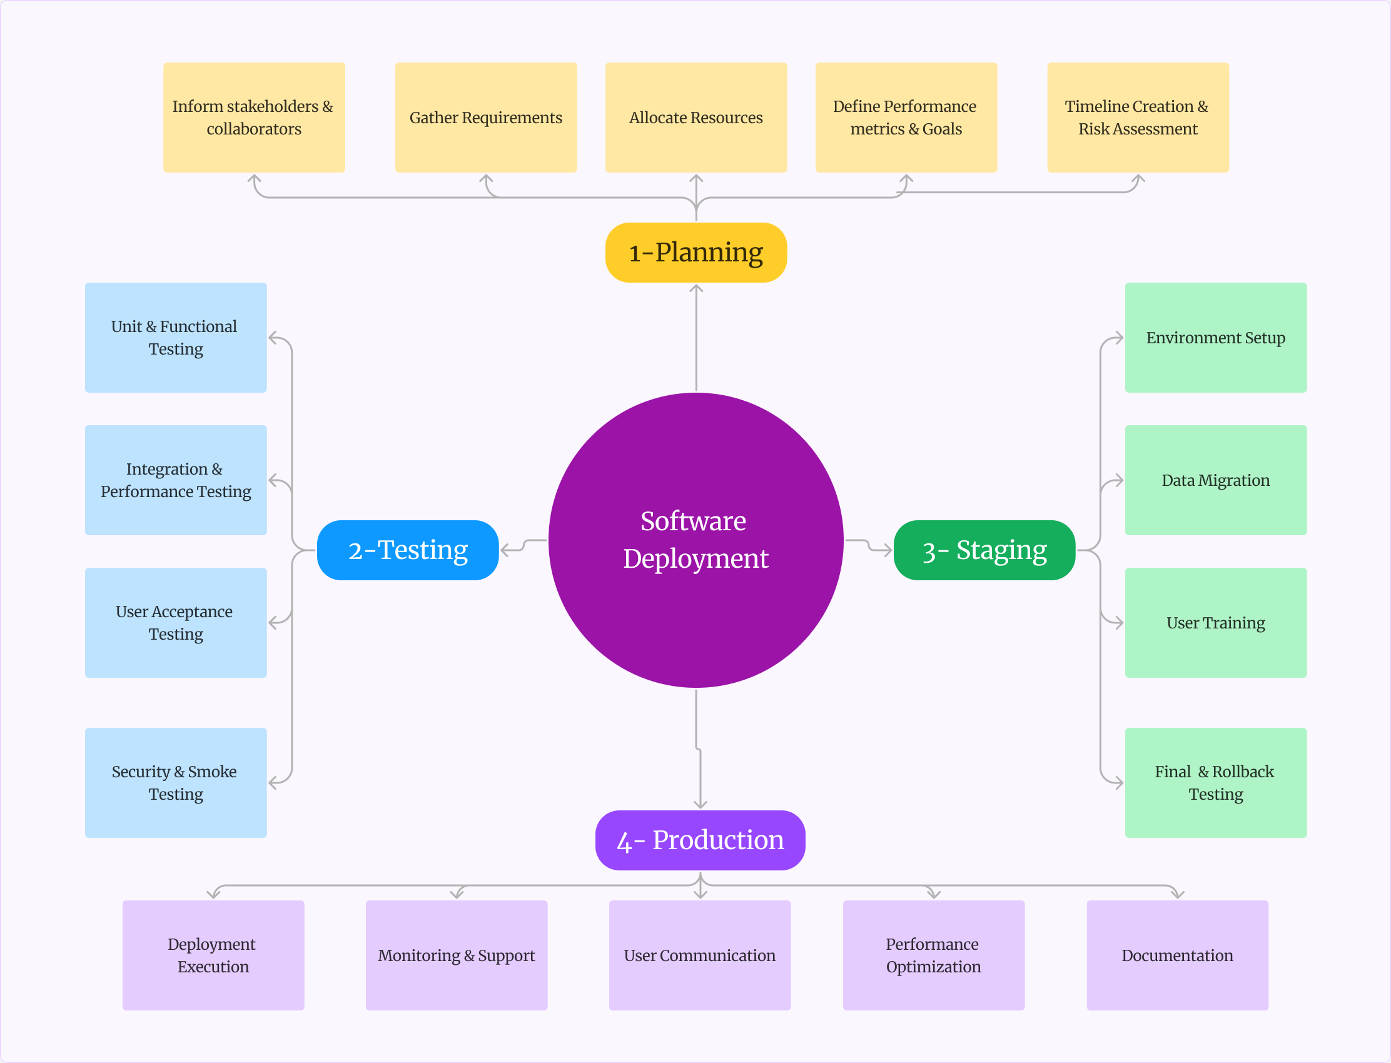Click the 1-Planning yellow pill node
point(696,253)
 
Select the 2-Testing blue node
point(408,550)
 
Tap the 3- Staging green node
point(984,550)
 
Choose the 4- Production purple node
point(700,840)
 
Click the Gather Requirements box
point(485,118)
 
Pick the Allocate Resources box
point(696,118)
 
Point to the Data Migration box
point(1215,480)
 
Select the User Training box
point(1215,623)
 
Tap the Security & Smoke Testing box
point(175,783)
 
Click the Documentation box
point(1177,955)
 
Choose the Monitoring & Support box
point(457,955)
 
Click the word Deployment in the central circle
point(696,559)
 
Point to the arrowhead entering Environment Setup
point(1119,338)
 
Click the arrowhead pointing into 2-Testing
point(504,550)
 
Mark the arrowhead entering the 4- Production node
point(700,805)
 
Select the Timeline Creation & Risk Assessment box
point(1137,118)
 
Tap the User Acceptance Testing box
point(175,623)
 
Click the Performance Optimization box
point(933,955)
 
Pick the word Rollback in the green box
point(1242,772)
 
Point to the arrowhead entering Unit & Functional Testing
point(273,338)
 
